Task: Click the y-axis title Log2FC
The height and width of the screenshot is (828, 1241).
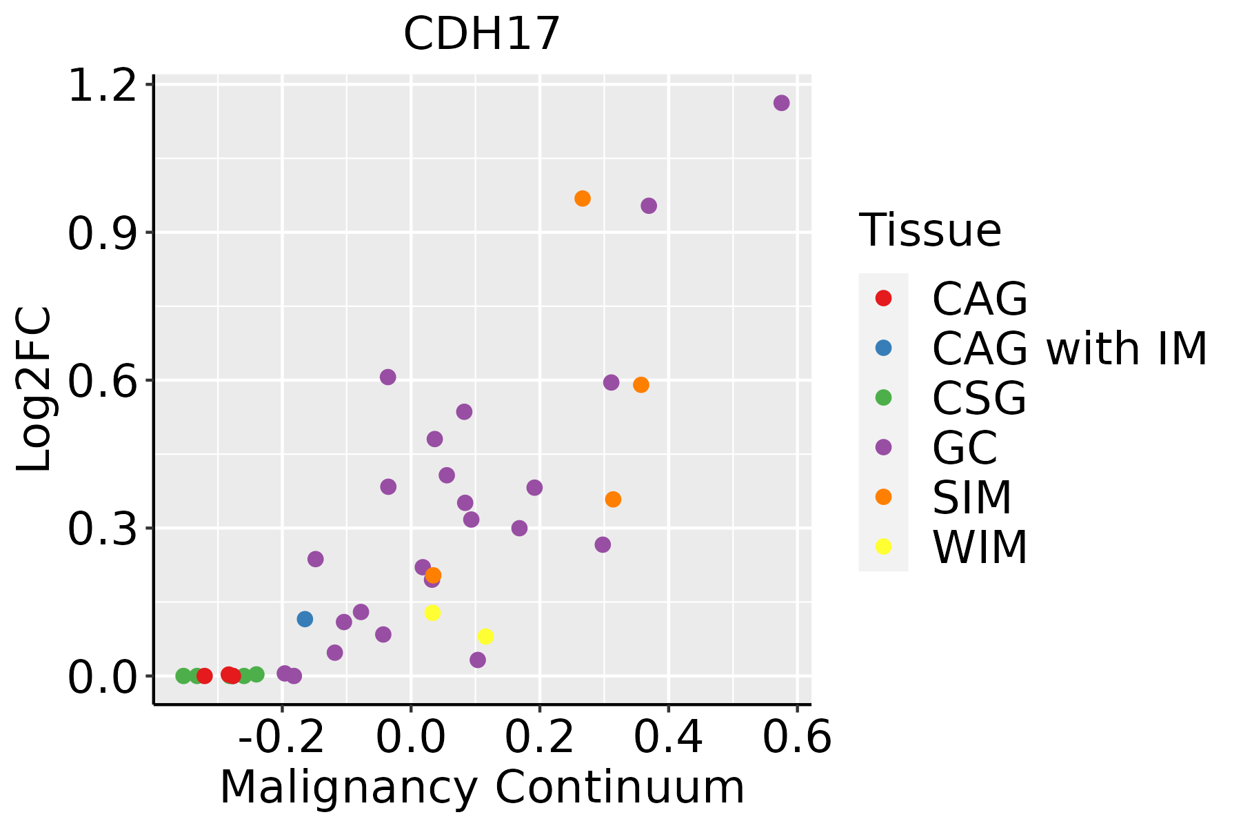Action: [x=34, y=390]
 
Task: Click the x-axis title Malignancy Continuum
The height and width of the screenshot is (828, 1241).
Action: [x=481, y=787]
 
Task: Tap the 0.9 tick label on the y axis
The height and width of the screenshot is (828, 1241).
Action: [x=101, y=233]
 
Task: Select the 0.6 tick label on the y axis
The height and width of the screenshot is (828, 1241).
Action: [x=101, y=381]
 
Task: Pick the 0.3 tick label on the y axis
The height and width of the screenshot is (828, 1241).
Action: [x=101, y=529]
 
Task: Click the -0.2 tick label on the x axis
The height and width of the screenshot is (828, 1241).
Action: [x=281, y=738]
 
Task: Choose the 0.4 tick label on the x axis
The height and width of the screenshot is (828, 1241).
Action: [x=668, y=738]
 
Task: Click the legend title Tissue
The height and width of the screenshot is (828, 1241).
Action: [x=930, y=230]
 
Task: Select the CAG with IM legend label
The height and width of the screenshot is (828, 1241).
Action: [x=1069, y=348]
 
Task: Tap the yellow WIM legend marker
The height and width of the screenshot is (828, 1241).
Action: [x=883, y=546]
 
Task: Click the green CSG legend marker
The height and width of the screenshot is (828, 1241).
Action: [x=883, y=397]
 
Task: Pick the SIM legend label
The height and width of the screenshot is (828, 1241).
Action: [x=971, y=497]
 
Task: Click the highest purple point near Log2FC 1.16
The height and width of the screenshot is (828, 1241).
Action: [x=781, y=103]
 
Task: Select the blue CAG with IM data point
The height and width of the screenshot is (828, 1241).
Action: [x=305, y=619]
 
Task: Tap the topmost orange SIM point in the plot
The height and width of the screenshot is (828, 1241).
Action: [x=583, y=199]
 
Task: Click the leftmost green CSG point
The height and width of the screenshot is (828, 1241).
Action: [x=183, y=676]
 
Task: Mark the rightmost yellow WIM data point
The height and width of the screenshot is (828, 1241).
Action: [x=485, y=636]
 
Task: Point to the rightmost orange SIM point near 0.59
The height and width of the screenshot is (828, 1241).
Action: [x=641, y=384]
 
